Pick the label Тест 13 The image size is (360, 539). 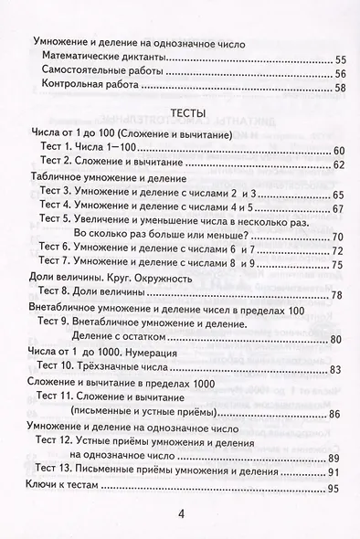58,471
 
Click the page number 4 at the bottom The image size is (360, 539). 181,513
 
